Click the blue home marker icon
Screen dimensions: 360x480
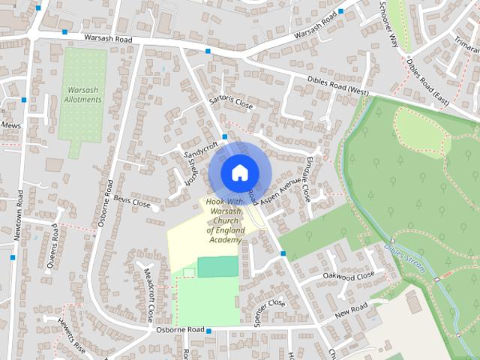238,172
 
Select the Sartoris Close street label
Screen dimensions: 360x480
232,103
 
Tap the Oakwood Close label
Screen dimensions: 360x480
348,277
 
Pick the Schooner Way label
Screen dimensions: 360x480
393,29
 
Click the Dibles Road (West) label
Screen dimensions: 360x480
337,85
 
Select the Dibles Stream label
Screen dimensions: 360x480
405,258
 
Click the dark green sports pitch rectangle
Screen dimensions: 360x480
217,266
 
